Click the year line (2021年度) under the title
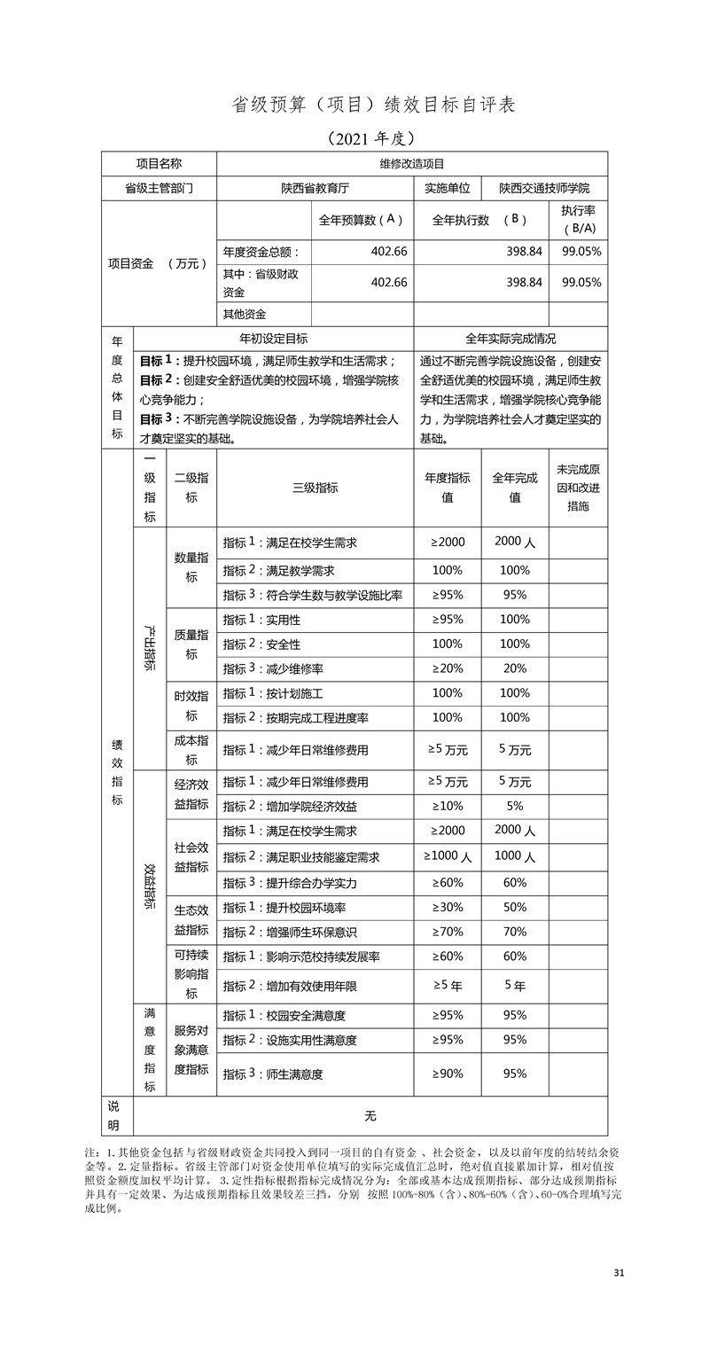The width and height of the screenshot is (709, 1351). point(370,138)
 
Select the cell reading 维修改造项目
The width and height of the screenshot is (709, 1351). point(412,164)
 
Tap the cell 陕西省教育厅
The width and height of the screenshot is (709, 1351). point(315,189)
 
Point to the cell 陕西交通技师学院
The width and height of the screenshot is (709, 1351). point(543,189)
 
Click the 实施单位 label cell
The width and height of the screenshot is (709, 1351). point(448,189)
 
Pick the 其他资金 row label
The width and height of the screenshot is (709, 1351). point(245,314)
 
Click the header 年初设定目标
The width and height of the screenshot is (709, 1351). point(273,339)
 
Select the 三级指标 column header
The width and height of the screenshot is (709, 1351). point(315,488)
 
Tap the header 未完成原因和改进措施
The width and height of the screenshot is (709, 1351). point(578,488)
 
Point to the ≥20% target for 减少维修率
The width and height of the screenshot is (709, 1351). point(448,668)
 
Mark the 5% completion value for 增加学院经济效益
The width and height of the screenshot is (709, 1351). point(515,807)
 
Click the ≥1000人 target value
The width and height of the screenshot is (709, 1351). point(448,856)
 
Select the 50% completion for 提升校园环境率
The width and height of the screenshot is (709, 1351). point(515,908)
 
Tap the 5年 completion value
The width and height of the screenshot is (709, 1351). point(515,986)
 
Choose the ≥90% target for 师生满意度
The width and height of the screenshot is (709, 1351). point(448,1074)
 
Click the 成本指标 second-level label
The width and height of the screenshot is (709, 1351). point(191,750)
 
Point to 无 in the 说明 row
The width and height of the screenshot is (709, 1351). point(370,1116)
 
